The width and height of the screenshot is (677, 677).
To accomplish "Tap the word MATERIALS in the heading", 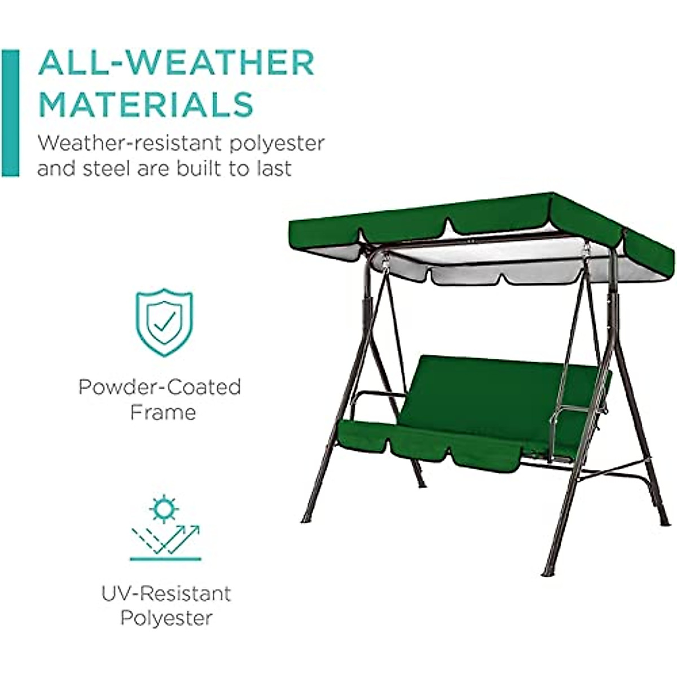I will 146,104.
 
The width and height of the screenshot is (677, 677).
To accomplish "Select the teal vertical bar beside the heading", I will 11,113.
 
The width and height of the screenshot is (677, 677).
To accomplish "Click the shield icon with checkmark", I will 164,322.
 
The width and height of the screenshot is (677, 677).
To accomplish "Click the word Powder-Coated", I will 160,387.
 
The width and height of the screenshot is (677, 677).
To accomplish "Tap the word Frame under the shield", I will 163,412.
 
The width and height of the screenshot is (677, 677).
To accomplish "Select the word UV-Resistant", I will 166,594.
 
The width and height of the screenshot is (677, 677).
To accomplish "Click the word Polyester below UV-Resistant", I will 166,618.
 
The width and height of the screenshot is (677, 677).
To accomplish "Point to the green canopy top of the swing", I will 480,217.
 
